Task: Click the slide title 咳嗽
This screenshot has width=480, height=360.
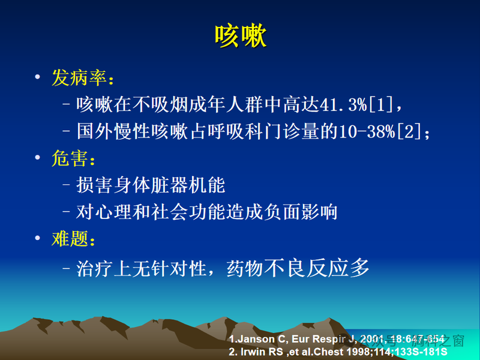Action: pyautogui.click(x=240, y=37)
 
